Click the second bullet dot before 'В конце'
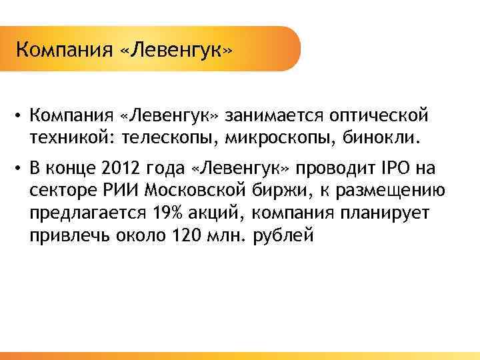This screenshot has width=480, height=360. pos(22,168)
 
